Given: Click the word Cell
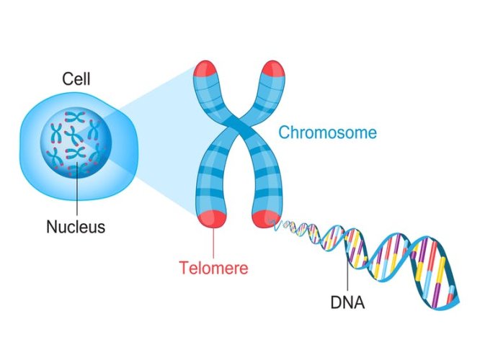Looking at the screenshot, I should point(76,78).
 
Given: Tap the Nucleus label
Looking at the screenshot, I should point(76,228).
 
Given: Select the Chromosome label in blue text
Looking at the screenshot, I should point(327,132).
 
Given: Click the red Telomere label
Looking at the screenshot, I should point(214,269).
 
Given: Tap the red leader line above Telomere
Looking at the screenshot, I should point(214,241).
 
